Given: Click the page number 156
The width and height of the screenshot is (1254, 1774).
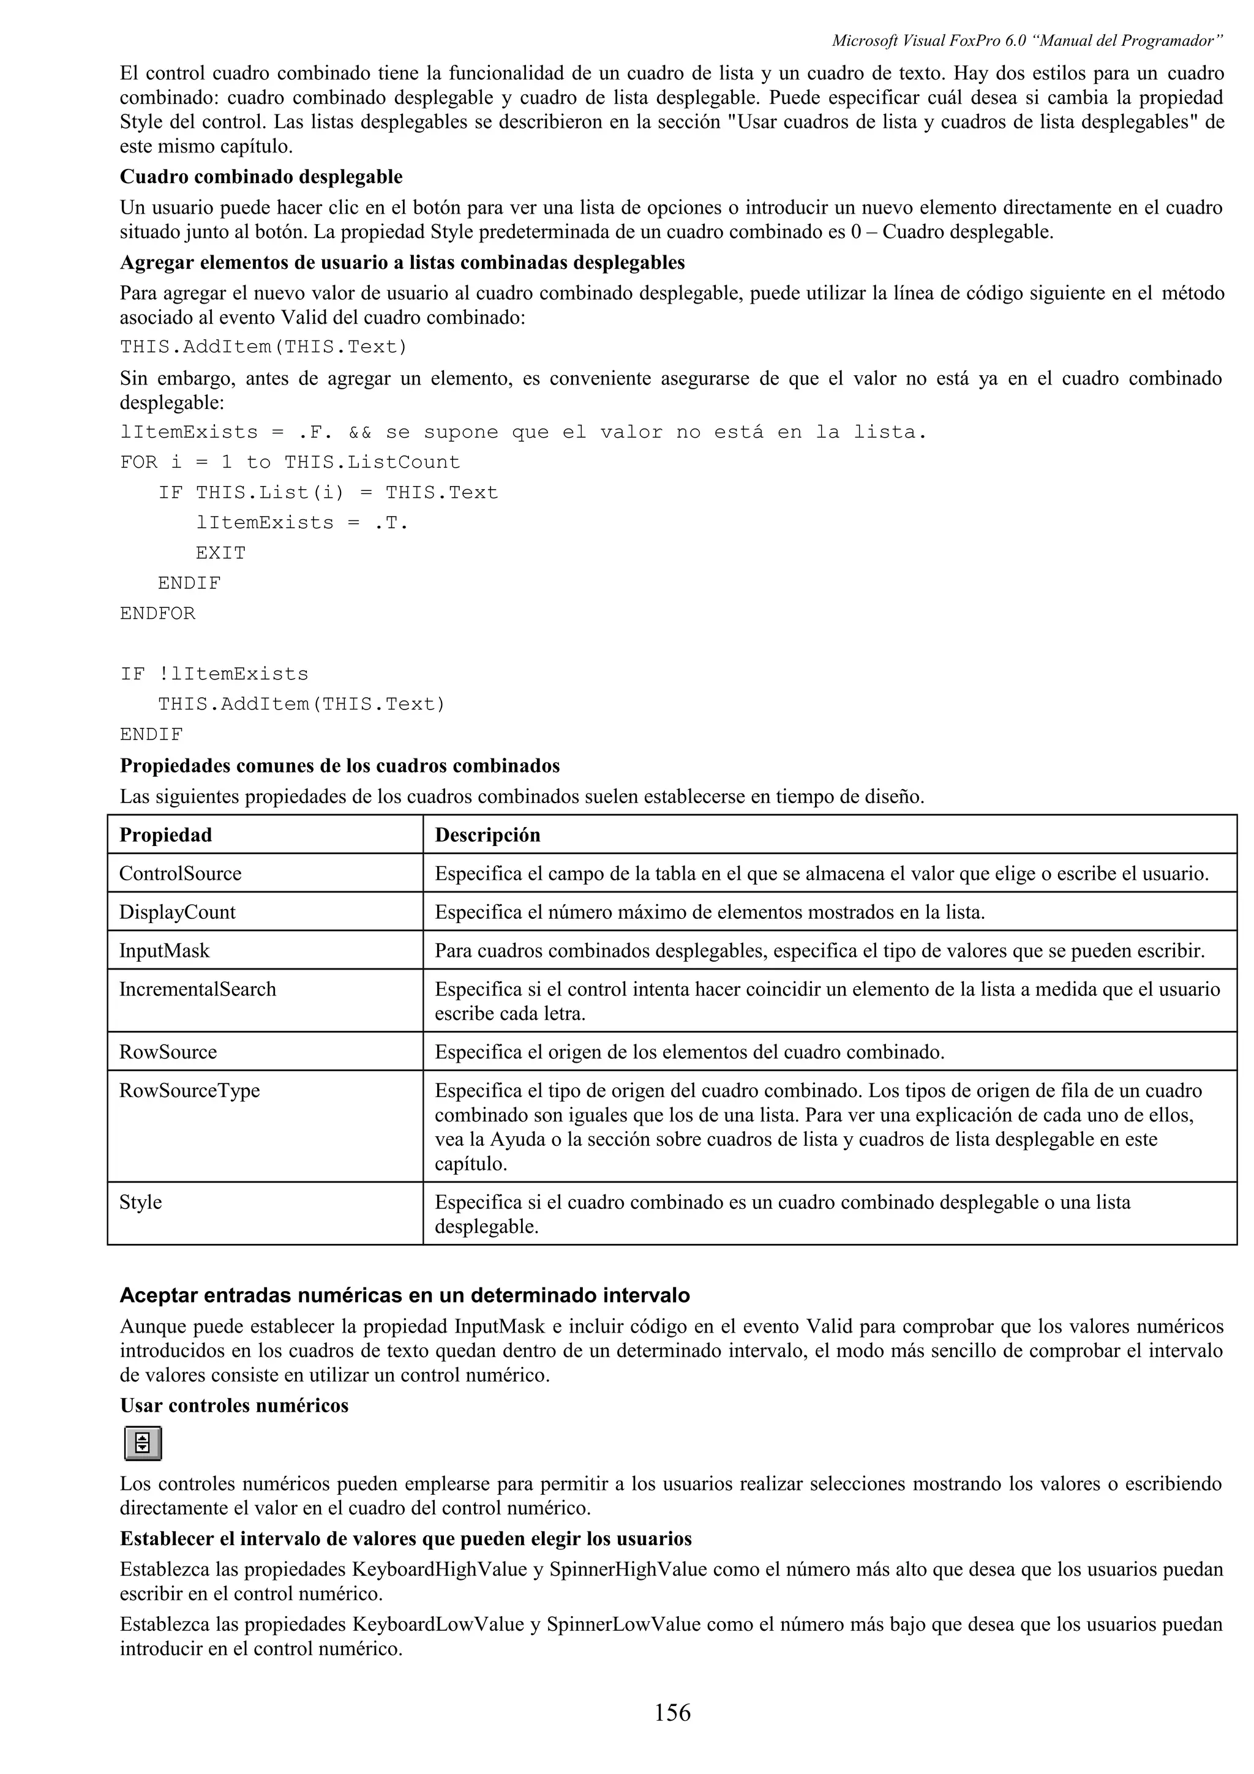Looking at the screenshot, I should click(x=672, y=1713).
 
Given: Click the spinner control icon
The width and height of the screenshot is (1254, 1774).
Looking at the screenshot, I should click(x=143, y=1443).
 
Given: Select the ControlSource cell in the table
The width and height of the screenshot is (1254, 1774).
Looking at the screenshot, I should click(x=180, y=874).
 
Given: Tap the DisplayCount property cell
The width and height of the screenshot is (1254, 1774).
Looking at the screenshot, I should click(x=177, y=913).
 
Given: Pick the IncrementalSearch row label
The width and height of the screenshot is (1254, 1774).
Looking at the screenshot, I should click(x=197, y=990).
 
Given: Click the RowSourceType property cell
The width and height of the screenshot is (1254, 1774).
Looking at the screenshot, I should click(x=189, y=1091).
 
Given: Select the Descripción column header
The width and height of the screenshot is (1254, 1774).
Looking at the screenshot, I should click(x=487, y=835).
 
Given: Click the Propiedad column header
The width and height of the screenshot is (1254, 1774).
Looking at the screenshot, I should click(x=165, y=835).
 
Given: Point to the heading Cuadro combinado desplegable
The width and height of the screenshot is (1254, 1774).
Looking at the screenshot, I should click(x=261, y=177).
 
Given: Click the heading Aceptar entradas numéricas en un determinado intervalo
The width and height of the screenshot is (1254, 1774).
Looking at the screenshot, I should click(x=405, y=1296).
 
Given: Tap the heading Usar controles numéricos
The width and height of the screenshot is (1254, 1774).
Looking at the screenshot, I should click(x=234, y=1405).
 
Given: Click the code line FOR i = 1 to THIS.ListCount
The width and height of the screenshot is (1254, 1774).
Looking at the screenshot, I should click(x=290, y=462).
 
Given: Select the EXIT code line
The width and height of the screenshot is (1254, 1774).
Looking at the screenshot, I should click(x=220, y=553).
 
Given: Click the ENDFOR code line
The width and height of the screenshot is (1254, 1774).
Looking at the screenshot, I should click(x=157, y=613).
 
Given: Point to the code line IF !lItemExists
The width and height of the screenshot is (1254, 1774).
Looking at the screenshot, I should click(x=214, y=674).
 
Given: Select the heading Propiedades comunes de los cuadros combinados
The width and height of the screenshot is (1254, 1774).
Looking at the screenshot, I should click(x=340, y=766).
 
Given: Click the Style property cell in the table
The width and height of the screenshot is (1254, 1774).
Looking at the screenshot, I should click(x=141, y=1202).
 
